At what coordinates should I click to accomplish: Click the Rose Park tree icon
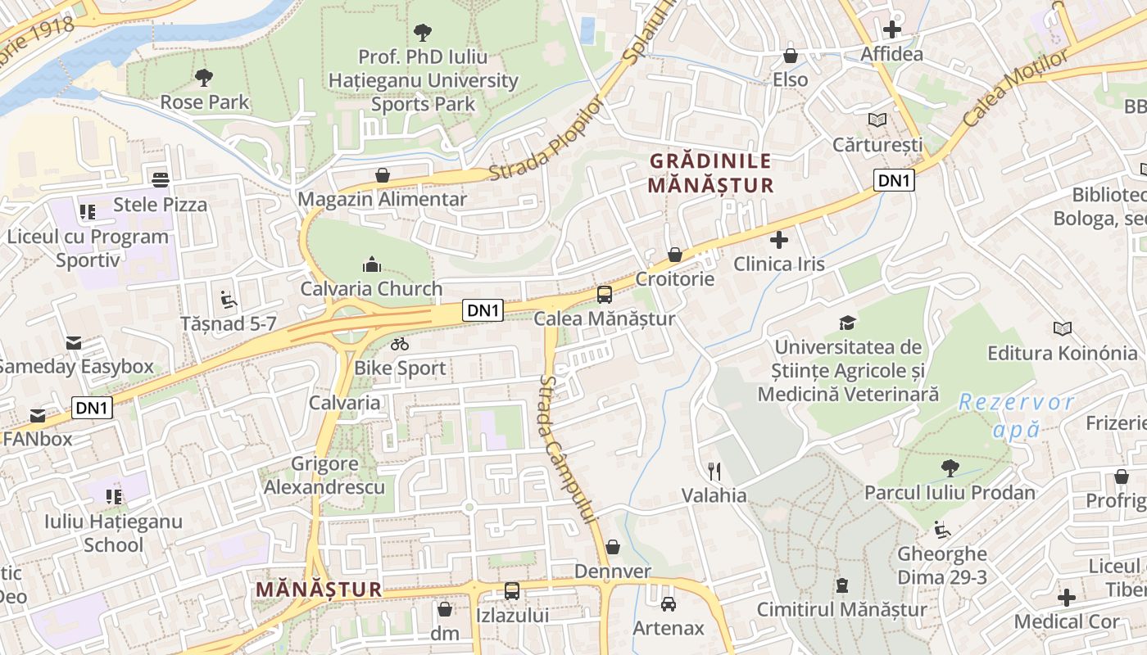204,78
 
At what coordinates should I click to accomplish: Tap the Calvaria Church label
371,289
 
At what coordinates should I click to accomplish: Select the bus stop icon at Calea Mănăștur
605,295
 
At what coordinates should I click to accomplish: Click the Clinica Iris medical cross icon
779,240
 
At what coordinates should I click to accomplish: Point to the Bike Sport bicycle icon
400,345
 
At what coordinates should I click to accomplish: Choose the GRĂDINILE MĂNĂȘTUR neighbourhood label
710,173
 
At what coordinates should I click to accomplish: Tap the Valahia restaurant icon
714,471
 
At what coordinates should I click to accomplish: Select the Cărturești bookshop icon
877,120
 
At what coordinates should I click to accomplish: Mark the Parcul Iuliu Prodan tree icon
950,468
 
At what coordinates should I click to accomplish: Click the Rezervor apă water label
1017,415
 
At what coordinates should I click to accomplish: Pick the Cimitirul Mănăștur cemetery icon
842,585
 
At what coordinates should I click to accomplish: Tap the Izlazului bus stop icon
512,590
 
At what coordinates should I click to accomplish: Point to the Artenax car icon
669,604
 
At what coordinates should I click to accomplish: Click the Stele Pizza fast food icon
160,179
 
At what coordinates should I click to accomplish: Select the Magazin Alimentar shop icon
383,175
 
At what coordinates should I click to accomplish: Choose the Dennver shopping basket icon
613,547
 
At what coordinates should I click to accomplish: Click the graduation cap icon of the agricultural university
848,323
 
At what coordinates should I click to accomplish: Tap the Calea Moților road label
1016,88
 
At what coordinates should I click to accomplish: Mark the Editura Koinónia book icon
1063,328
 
